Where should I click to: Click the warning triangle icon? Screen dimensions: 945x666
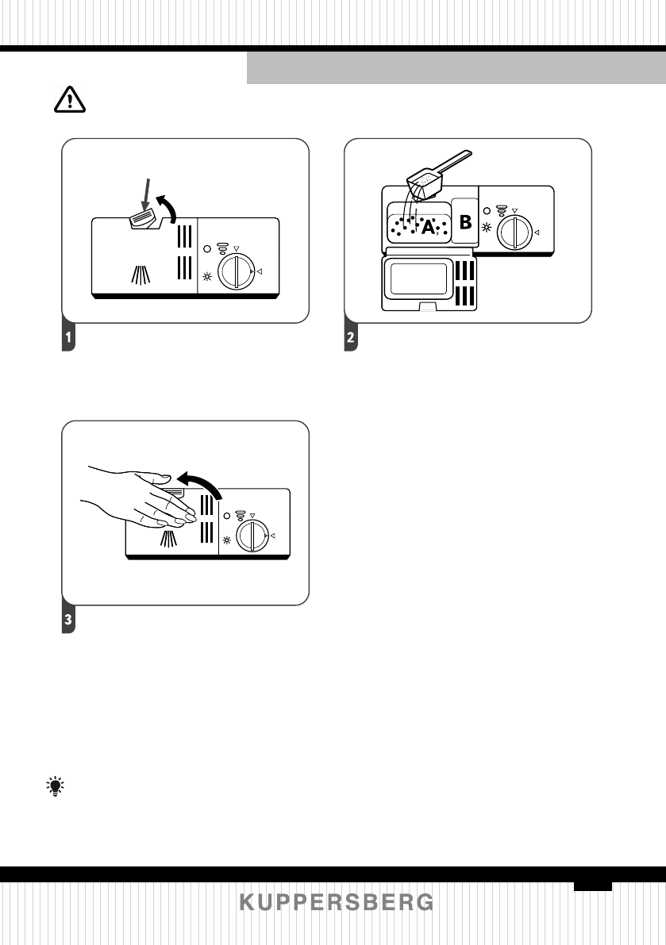click(67, 99)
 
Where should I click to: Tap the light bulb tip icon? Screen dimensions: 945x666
click(55, 786)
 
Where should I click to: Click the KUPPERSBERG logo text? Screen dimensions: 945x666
click(337, 903)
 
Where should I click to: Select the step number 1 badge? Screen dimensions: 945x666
click(69, 339)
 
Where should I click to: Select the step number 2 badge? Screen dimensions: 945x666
click(350, 339)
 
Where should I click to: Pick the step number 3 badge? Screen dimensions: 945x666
click(69, 621)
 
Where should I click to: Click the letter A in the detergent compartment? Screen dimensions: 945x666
click(429, 228)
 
